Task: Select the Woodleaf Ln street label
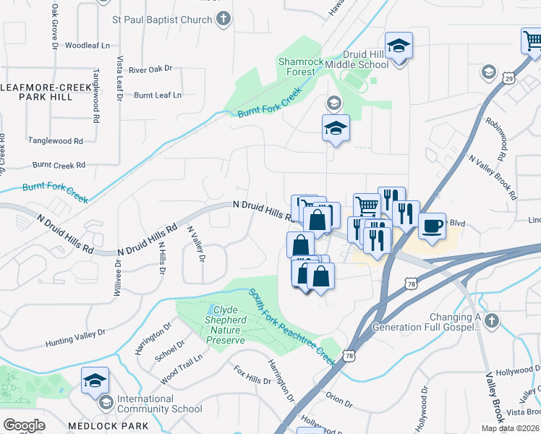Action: pyautogui.click(x=87, y=45)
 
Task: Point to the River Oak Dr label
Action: pyautogui.click(x=150, y=69)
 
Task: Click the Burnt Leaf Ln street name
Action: pyautogui.click(x=158, y=95)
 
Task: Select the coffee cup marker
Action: pyautogui.click(x=432, y=226)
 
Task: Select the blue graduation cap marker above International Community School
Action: pyautogui.click(x=95, y=380)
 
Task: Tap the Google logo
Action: pyautogui.click(x=24, y=425)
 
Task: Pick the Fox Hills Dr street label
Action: pyautogui.click(x=249, y=378)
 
